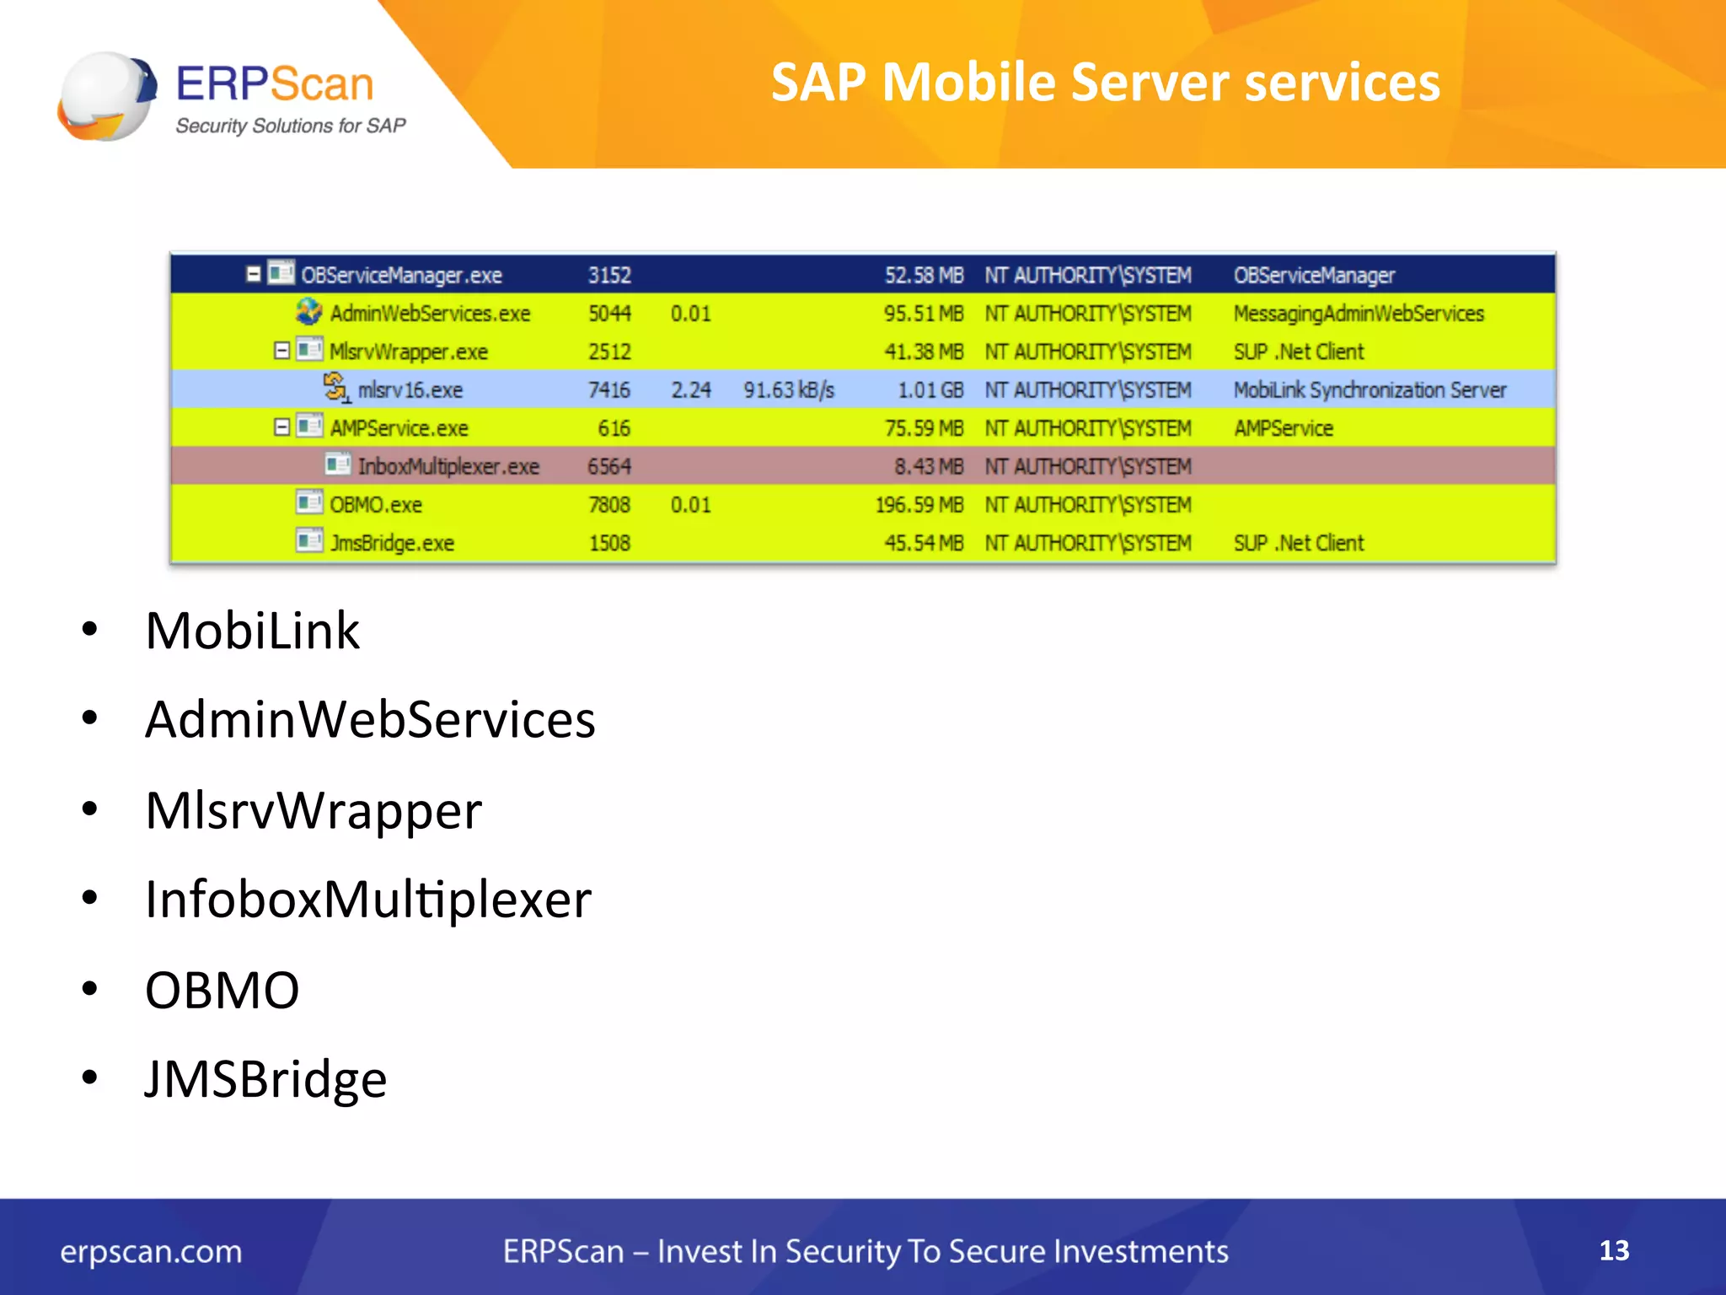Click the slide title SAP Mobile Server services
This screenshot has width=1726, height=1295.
click(1105, 83)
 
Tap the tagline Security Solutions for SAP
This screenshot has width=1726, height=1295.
click(290, 126)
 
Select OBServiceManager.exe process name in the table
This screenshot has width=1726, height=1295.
click(401, 275)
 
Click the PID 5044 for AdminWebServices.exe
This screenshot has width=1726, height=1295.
click(609, 313)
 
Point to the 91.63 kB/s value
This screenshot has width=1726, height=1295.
click(788, 390)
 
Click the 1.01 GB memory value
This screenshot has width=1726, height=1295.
click(930, 390)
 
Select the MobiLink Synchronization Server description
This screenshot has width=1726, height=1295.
click(1370, 390)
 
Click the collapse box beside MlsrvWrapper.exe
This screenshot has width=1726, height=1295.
click(282, 351)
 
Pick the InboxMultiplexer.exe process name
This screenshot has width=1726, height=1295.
click(448, 466)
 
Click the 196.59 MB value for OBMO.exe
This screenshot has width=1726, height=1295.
click(919, 504)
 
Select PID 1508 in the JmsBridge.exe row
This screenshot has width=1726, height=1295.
click(609, 543)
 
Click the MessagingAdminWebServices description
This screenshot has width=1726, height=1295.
click(1358, 313)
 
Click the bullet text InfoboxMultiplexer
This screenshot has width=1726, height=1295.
click(368, 899)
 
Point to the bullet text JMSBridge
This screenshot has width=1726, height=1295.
click(265, 1078)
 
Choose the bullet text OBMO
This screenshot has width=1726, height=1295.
click(222, 989)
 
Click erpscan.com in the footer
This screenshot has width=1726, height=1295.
click(151, 1251)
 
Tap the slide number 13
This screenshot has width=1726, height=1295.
click(1613, 1249)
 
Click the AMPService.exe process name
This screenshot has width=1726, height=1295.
click(399, 428)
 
